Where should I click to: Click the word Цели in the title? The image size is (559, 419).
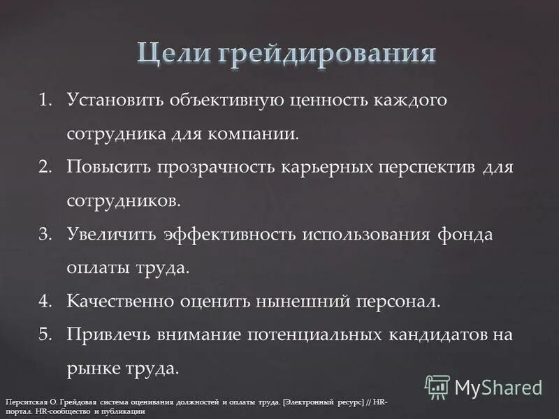point(175,54)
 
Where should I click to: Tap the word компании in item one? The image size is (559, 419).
point(261,133)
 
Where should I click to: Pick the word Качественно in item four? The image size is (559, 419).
point(119,302)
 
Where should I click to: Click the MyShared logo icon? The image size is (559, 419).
point(437,386)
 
